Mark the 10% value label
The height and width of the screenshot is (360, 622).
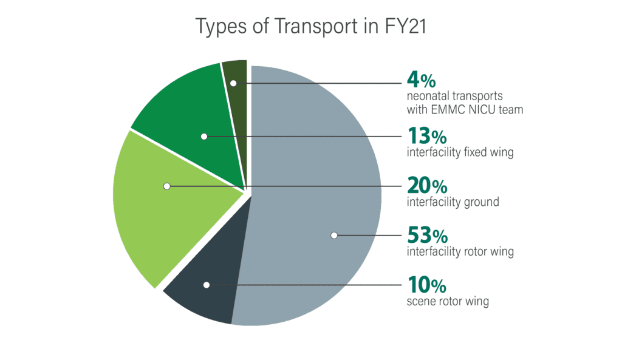tap(426, 284)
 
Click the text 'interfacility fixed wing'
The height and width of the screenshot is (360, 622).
tap(460, 152)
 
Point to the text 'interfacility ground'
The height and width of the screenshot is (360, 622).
tap(453, 202)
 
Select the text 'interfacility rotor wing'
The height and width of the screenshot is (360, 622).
tap(460, 251)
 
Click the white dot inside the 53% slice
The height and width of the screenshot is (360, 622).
tap(333, 235)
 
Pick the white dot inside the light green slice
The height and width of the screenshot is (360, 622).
tap(166, 186)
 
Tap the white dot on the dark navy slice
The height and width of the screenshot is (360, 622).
tap(207, 284)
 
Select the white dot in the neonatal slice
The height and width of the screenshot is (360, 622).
tap(233, 83)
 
